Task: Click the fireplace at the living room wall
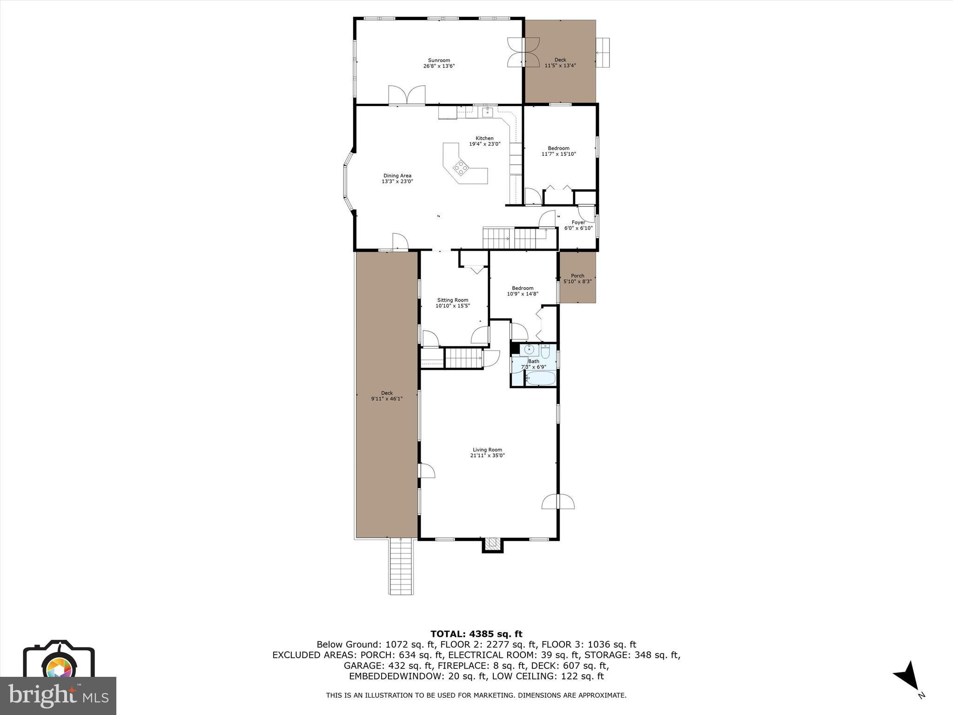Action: pyautogui.click(x=492, y=544)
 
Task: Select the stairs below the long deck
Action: pyautogui.click(x=401, y=566)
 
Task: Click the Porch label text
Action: pyautogui.click(x=577, y=276)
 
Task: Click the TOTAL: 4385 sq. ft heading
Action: pyautogui.click(x=476, y=634)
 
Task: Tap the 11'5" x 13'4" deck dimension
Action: pyautogui.click(x=560, y=66)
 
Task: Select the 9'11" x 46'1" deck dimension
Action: pyautogui.click(x=387, y=398)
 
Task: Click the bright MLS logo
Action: pyautogui.click(x=58, y=696)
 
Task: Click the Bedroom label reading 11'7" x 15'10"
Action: pyautogui.click(x=558, y=151)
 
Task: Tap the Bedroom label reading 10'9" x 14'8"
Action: pyautogui.click(x=523, y=291)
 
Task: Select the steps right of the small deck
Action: pyautogui.click(x=603, y=52)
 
